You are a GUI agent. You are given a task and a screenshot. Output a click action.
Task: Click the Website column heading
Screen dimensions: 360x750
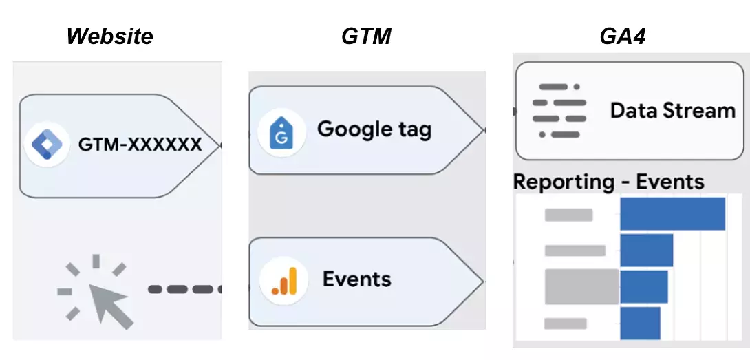110,36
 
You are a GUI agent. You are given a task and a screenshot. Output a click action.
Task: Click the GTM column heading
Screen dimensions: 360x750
366,36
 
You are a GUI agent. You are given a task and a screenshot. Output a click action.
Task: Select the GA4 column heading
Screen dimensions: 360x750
622,36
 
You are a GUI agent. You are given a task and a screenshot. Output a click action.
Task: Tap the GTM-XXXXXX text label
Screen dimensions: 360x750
140,145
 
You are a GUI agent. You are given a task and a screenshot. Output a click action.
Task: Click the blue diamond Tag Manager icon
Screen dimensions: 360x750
46,145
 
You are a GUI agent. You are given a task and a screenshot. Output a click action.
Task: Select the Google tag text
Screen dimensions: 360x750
374,129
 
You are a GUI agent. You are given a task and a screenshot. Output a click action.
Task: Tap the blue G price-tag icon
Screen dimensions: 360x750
281,133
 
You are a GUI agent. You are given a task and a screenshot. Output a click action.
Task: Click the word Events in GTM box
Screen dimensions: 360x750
356,279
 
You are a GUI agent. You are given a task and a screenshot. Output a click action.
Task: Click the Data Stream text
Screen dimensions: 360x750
672,110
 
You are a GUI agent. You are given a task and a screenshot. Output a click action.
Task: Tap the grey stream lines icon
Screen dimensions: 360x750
559,110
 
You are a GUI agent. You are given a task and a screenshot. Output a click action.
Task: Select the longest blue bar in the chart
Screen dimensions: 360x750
672,214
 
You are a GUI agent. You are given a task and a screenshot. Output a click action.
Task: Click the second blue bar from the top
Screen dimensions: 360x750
646,250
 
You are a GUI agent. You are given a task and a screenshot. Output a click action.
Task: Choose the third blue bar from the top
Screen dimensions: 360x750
643,286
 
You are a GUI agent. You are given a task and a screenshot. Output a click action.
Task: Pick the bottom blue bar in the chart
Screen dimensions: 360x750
640,322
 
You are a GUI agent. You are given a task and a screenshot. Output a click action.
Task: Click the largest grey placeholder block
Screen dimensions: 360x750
581,286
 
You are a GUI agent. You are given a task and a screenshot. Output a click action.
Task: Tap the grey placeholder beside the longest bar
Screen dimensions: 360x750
568,215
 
